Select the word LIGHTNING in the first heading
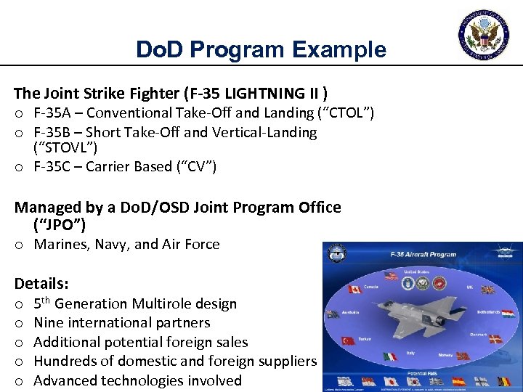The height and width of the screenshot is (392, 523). (x=254, y=93)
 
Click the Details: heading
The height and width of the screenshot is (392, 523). (x=41, y=283)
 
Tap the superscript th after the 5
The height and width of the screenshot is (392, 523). (x=46, y=300)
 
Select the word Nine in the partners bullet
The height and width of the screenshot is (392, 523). (x=48, y=323)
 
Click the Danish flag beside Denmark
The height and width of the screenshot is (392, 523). (x=495, y=339)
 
